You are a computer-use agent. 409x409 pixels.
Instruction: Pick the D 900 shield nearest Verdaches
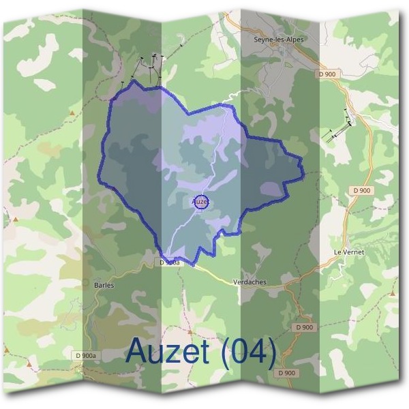click(x=304, y=327)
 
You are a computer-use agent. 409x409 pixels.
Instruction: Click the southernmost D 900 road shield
click(x=287, y=373)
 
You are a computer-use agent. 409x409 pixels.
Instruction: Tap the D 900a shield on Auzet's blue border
click(x=170, y=262)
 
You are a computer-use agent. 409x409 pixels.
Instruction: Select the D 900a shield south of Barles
click(x=86, y=355)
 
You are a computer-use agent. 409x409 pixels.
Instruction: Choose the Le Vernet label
click(x=349, y=252)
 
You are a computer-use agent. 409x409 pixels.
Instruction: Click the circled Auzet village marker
click(x=200, y=202)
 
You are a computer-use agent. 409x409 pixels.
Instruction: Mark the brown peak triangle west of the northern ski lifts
click(x=71, y=110)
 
